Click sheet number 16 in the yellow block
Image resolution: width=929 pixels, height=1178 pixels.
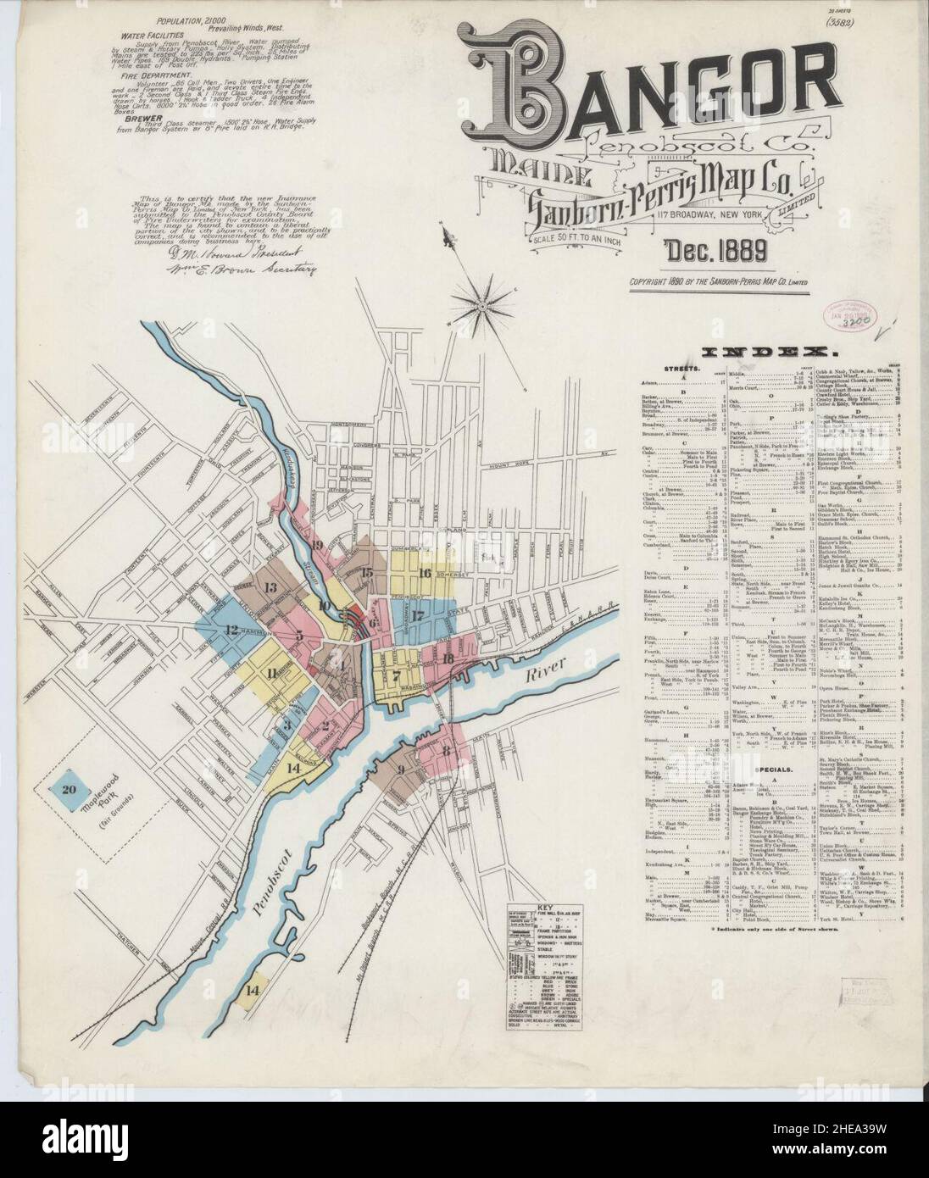pos(425,573)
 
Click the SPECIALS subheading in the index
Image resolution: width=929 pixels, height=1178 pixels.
pos(770,770)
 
